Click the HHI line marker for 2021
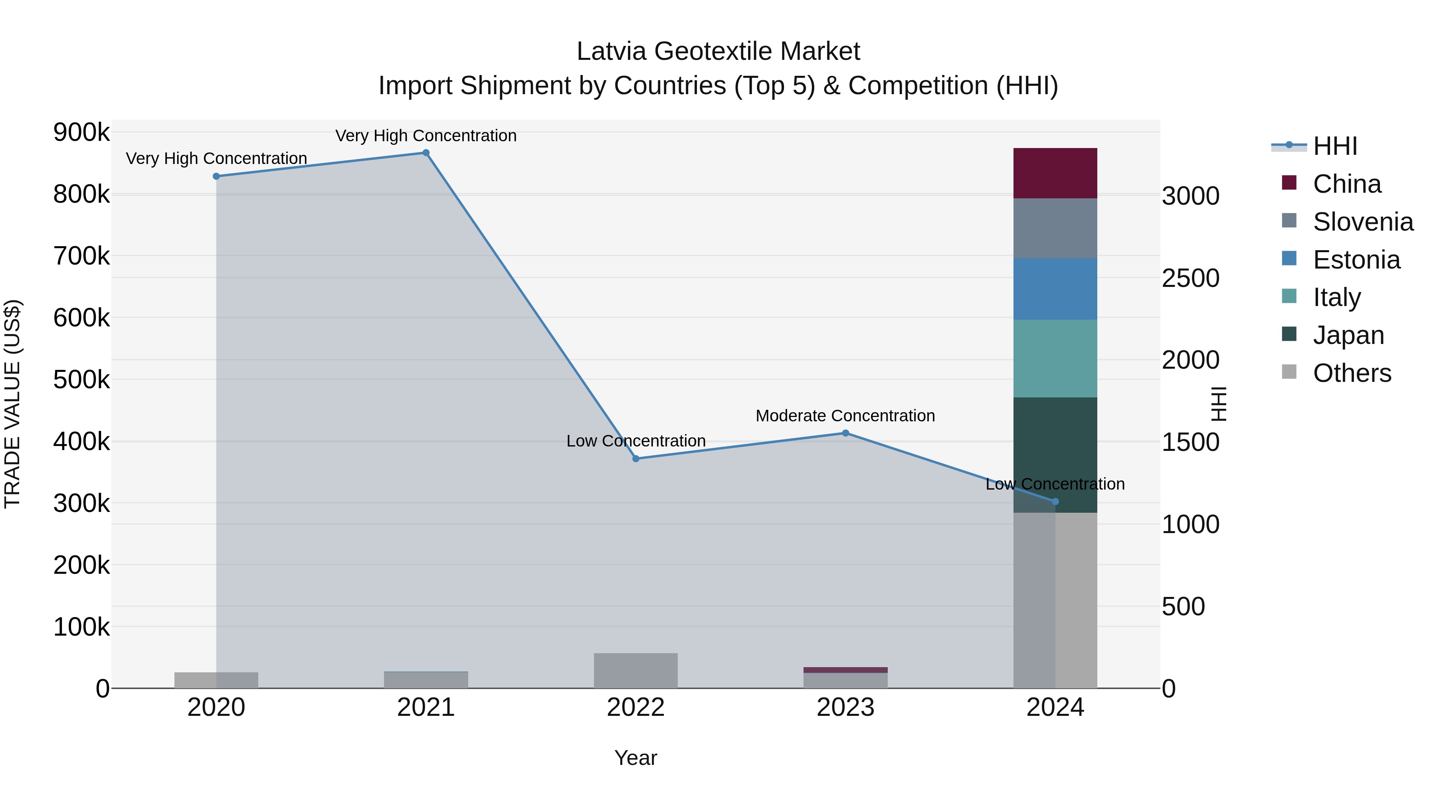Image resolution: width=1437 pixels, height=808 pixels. pos(426,153)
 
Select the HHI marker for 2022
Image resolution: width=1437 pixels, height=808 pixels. pos(635,459)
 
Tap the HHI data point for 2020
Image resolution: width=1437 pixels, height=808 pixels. pos(216,176)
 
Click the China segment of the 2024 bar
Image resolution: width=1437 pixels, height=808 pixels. pos(1055,174)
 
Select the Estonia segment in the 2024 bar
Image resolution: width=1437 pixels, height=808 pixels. pos(1055,289)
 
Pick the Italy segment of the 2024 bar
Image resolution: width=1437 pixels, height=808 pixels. pos(1055,359)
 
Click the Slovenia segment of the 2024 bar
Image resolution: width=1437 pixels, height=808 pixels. pos(1055,229)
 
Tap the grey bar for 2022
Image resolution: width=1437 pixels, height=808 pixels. pos(635,670)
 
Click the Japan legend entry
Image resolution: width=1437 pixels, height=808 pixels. pos(1348,335)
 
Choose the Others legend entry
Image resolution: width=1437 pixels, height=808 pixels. pos(1351,373)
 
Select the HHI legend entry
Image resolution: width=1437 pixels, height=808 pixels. pos(1334,146)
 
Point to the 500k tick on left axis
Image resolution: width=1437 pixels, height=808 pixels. pos(81,380)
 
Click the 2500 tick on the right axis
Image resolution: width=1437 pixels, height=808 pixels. pos(1190,278)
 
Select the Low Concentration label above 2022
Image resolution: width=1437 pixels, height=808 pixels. pos(635,441)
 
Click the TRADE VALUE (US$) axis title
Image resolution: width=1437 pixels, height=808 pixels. pos(12,404)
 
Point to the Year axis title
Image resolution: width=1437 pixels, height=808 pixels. pos(635,759)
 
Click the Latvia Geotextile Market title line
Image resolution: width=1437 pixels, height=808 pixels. pos(718,51)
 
